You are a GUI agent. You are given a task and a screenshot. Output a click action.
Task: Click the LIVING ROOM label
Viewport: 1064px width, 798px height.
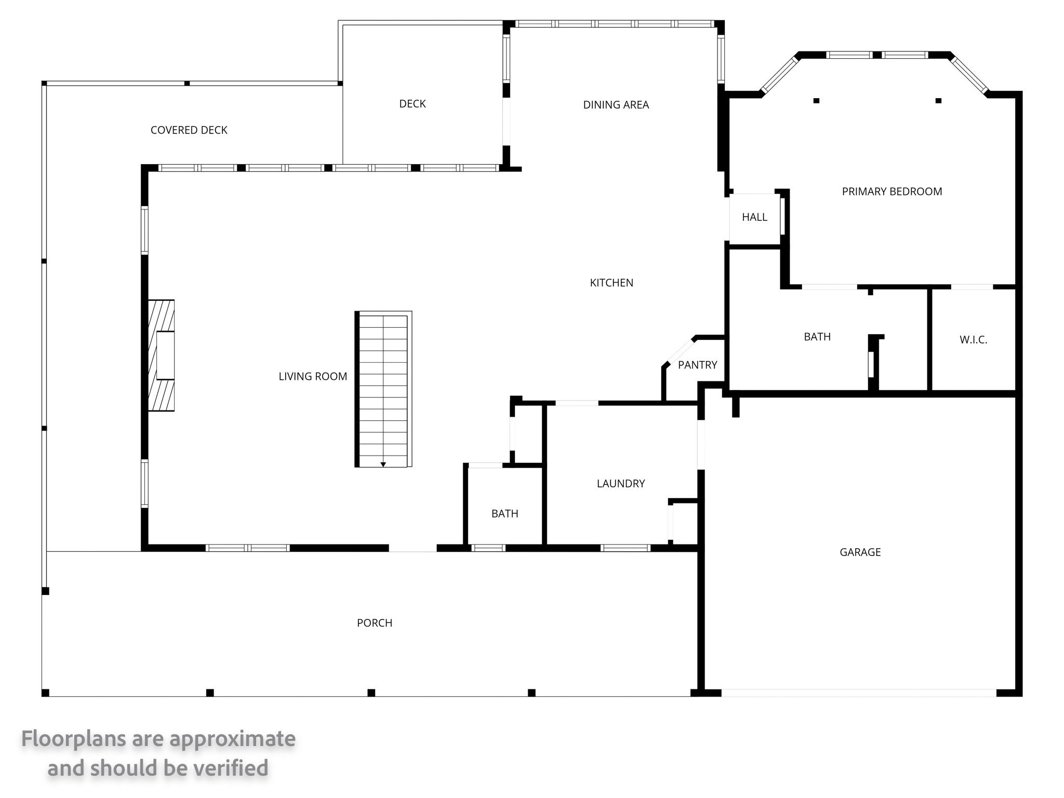pyautogui.click(x=313, y=376)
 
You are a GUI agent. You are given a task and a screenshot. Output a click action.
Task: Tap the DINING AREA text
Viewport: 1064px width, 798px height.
pyautogui.click(x=616, y=105)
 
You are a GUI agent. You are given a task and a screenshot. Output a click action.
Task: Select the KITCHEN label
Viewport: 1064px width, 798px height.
pyautogui.click(x=611, y=283)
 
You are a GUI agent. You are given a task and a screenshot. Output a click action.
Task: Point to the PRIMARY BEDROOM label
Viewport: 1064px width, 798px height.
pyautogui.click(x=892, y=192)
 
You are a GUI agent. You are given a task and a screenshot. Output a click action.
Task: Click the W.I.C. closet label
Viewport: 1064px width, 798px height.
pyautogui.click(x=973, y=340)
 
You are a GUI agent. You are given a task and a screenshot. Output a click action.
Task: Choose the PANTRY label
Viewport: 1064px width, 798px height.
pyautogui.click(x=697, y=365)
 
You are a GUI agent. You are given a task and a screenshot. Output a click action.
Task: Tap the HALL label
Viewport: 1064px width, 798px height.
pyautogui.click(x=754, y=217)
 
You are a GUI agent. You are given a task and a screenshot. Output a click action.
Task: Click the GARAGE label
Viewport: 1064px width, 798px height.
pyautogui.click(x=860, y=552)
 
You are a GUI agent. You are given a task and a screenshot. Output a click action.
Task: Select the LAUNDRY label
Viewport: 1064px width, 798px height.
pyautogui.click(x=621, y=484)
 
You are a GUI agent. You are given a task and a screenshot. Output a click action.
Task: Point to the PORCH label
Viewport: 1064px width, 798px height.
pyautogui.click(x=375, y=623)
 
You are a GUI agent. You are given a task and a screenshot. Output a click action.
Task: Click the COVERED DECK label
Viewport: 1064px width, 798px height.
pyautogui.click(x=189, y=130)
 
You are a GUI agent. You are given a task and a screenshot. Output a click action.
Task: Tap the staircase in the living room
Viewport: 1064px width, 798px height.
pyautogui.click(x=383, y=389)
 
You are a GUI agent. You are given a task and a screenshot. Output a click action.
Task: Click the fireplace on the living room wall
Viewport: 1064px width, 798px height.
pyautogui.click(x=161, y=355)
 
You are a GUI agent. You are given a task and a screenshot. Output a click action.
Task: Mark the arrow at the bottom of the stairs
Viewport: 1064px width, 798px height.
pyautogui.click(x=383, y=464)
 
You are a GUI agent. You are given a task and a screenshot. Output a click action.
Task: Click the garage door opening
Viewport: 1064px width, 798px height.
pyautogui.click(x=859, y=693)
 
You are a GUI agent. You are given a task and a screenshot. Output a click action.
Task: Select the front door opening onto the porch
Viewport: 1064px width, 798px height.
pyautogui.click(x=413, y=548)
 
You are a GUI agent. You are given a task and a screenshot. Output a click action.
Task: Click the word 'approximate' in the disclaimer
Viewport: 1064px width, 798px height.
pyautogui.click(x=233, y=739)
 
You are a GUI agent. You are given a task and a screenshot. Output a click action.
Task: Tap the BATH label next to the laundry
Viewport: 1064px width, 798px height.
pyautogui.click(x=504, y=514)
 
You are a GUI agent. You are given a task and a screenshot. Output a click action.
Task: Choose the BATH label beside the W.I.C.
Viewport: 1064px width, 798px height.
pyautogui.click(x=817, y=337)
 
